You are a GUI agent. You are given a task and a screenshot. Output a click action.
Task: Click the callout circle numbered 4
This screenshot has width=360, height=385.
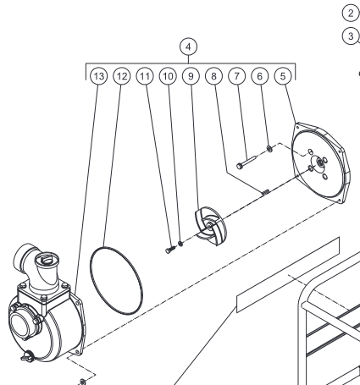[x=188, y=47]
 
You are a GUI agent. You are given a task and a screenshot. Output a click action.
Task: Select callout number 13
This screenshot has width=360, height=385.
[x=99, y=76]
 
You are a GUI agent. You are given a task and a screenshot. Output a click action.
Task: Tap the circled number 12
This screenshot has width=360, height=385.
[x=122, y=76]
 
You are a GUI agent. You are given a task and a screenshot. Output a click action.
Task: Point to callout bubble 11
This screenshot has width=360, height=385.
[x=145, y=76]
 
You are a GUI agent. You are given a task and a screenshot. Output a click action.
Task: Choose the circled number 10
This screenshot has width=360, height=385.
[x=168, y=76]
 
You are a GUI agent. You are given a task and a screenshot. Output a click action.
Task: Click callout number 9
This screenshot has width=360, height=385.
[x=191, y=76]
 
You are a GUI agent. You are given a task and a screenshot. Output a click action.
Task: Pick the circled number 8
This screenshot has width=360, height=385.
[x=213, y=76]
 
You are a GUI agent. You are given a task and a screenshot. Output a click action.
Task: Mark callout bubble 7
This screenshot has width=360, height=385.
[x=237, y=76]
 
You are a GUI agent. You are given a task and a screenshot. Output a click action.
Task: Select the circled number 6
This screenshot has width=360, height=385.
[x=260, y=76]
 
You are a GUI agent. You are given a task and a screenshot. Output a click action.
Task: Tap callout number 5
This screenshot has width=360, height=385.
[x=283, y=76]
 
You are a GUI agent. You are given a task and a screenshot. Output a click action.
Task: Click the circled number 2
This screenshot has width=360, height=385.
[x=351, y=13]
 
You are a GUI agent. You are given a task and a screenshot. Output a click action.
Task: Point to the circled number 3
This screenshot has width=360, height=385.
[x=351, y=36]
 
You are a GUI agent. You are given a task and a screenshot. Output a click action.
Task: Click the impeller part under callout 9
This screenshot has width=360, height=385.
[x=211, y=226]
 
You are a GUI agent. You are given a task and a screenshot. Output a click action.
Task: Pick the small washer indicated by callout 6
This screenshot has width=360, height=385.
[x=269, y=148]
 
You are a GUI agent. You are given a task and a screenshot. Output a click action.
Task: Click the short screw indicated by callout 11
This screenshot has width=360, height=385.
[x=170, y=250]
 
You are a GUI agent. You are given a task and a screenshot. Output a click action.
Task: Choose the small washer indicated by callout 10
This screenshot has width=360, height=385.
[x=180, y=243]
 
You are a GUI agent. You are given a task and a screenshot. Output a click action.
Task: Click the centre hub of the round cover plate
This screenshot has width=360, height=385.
[x=320, y=162]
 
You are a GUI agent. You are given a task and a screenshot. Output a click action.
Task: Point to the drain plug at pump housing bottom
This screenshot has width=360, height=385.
[x=28, y=357]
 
